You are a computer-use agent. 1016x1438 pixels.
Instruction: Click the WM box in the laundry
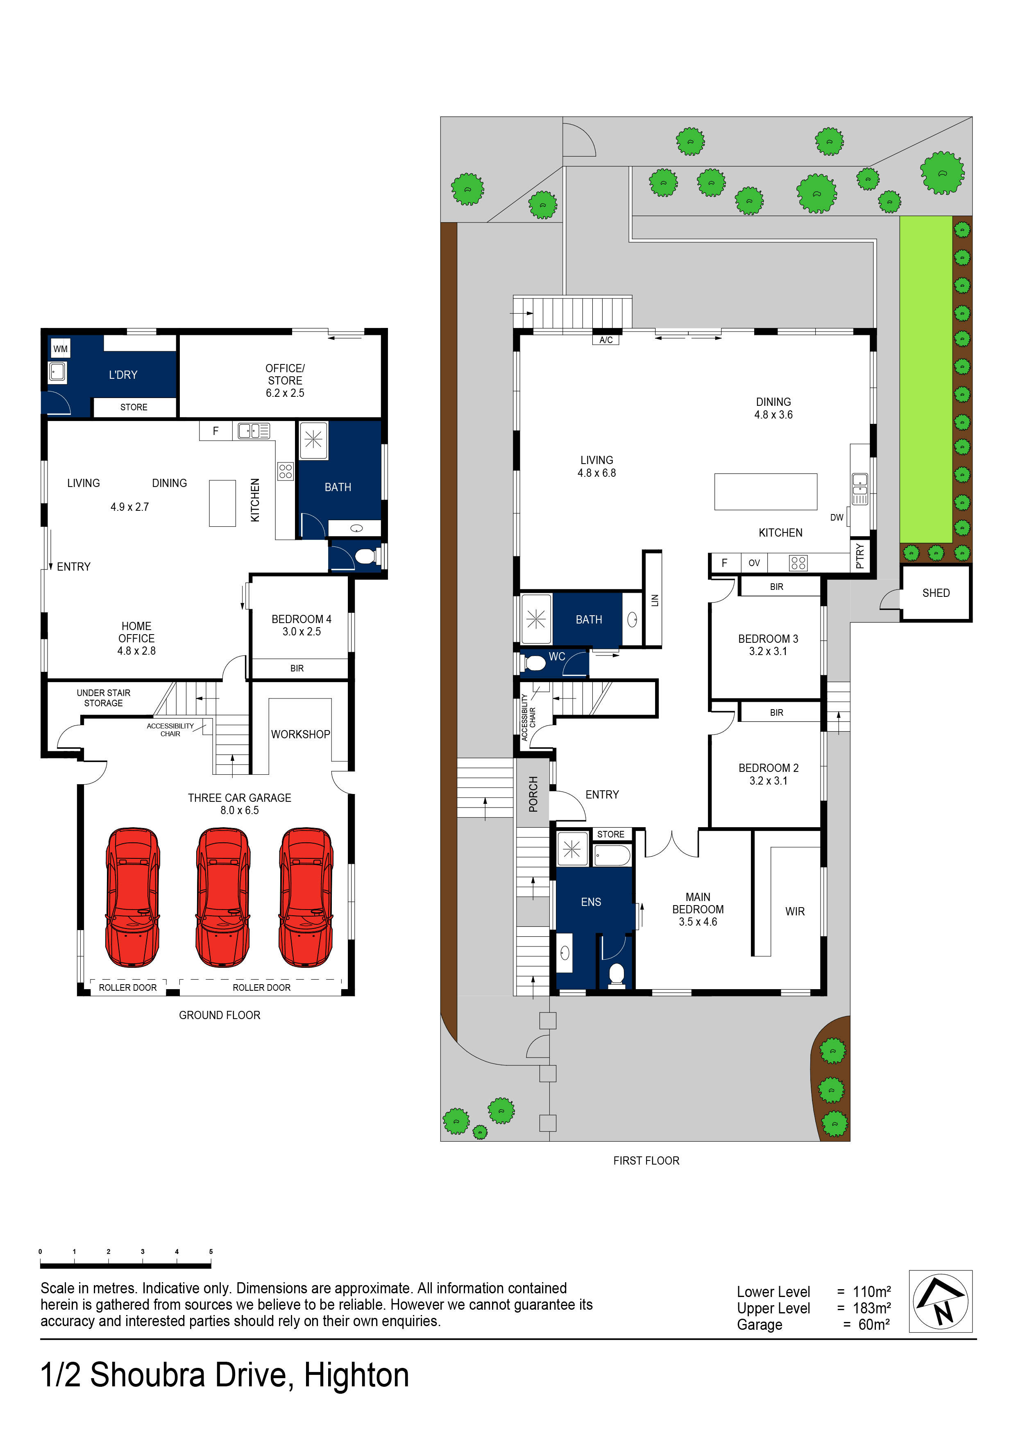(60, 349)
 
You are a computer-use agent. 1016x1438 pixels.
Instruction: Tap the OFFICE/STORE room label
(285, 380)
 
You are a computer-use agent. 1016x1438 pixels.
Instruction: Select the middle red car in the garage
(223, 897)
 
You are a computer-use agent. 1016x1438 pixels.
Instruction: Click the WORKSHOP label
(300, 734)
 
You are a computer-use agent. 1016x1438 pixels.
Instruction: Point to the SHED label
(935, 592)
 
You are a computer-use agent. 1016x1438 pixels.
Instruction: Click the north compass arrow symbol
(940, 1301)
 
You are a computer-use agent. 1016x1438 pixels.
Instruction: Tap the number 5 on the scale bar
(211, 1251)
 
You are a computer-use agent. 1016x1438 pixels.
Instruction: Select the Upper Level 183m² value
(871, 1308)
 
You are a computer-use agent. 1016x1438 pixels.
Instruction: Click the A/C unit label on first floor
(606, 340)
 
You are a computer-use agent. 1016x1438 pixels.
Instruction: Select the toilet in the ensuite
(616, 974)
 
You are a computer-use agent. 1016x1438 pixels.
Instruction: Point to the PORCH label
(533, 794)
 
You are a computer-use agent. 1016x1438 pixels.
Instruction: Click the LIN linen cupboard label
(655, 600)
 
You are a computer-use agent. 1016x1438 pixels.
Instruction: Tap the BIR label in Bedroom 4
(297, 668)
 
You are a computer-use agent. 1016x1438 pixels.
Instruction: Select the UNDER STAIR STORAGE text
(103, 698)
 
